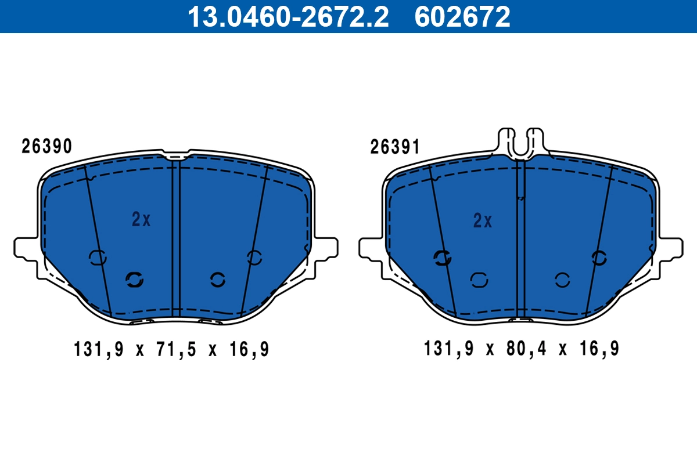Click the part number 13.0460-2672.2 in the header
287,17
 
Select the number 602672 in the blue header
462,17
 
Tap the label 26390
47,147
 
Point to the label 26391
395,148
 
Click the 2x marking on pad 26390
141,219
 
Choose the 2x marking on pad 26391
483,220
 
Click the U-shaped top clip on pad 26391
521,142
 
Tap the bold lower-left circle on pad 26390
135,280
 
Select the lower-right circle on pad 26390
218,280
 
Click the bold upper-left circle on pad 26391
443,258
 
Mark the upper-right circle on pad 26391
599,258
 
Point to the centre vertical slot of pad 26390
177,238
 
